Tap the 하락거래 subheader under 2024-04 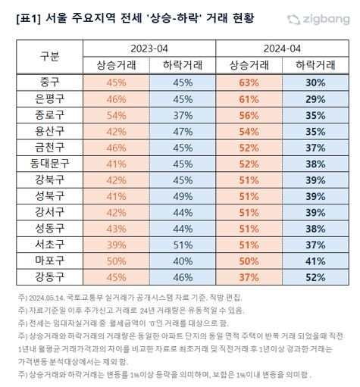pos(315,65)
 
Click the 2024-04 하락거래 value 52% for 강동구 pos(315,277)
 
